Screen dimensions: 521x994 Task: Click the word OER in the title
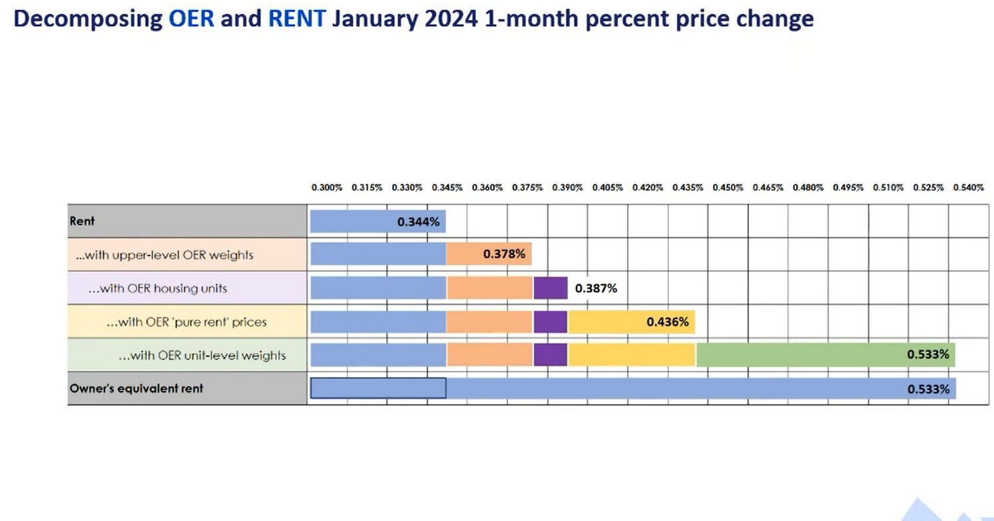(191, 19)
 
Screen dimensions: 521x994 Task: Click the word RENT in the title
(297, 19)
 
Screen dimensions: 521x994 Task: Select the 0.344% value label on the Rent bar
(418, 222)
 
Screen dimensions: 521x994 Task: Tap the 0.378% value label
(504, 255)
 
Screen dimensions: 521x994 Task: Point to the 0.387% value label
(596, 288)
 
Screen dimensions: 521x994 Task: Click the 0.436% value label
(667, 322)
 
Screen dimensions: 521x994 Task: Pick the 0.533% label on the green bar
(928, 354)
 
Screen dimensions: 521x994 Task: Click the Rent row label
(83, 221)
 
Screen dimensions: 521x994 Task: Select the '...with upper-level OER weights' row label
(164, 255)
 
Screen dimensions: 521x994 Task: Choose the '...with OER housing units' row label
(158, 288)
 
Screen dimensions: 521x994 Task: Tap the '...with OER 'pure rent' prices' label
(186, 322)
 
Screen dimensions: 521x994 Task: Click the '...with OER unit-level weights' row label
(202, 356)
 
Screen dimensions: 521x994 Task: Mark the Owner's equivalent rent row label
(136, 388)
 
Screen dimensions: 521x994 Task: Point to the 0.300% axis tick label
(327, 188)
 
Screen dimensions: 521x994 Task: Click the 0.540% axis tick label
(968, 188)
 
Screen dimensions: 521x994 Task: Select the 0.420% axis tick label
(648, 188)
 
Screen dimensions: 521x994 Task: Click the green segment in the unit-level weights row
(799, 355)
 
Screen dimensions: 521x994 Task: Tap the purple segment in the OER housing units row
(550, 288)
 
